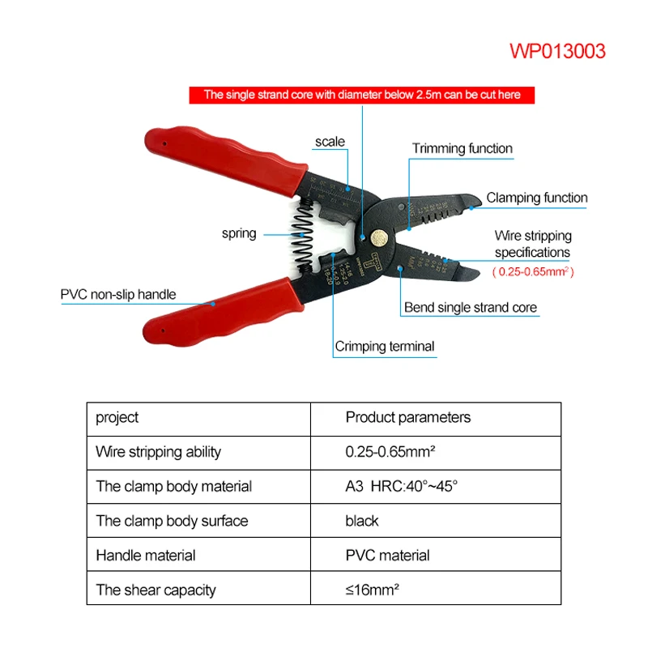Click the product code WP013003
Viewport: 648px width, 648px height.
557,52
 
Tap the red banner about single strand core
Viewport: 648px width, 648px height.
362,95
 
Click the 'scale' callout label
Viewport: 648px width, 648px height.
330,142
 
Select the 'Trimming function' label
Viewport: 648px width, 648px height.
462,148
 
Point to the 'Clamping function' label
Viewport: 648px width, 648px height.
536,198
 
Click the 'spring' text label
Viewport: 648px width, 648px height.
239,233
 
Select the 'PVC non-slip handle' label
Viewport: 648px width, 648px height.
118,294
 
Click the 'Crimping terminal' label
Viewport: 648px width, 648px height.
385,347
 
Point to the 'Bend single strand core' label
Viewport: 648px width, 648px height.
470,308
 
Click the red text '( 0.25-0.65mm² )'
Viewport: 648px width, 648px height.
533,272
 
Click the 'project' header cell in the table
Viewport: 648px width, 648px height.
117,418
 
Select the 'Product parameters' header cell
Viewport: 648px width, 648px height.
407,418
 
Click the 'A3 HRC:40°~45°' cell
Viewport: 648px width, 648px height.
402,486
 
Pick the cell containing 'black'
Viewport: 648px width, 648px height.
362,521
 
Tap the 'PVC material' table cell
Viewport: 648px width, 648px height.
387,556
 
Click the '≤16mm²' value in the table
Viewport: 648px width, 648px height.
372,590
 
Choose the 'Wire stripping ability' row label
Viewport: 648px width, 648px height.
158,452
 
